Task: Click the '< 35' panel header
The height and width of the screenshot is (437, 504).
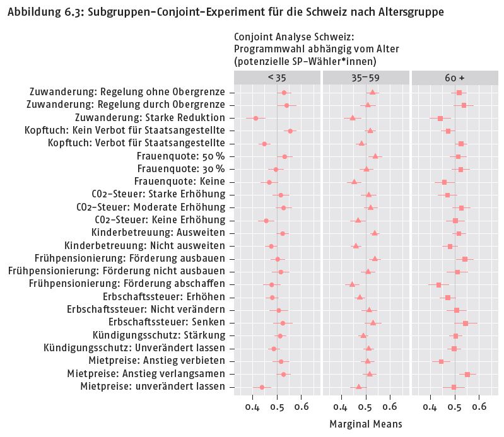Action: coord(276,78)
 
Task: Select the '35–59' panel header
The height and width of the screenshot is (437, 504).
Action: coord(365,78)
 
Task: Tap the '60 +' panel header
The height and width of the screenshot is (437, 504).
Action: coord(454,78)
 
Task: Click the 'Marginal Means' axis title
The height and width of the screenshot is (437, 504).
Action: coord(365,424)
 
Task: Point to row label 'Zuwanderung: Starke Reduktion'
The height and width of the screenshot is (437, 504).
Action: coord(149,118)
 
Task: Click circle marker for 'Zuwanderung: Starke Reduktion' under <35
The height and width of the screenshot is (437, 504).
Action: coord(256,119)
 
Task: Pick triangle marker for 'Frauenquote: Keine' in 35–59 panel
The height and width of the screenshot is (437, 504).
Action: coord(354,182)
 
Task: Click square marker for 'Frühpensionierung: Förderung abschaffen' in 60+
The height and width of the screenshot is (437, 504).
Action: coord(439,284)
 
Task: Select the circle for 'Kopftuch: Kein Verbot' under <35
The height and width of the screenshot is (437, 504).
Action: coord(290,131)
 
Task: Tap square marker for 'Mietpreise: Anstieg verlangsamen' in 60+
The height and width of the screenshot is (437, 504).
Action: coord(467,374)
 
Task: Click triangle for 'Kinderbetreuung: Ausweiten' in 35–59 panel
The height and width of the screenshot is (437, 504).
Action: coord(375,233)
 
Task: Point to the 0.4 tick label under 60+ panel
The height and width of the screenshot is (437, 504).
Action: coord(430,407)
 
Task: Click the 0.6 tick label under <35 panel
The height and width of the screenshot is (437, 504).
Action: coord(302,407)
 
